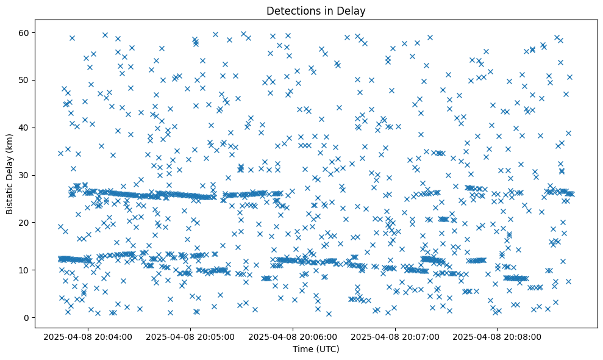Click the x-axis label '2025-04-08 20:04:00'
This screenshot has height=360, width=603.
pyautogui.click(x=88, y=336)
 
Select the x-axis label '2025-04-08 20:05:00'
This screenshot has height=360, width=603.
pyautogui.click(x=191, y=336)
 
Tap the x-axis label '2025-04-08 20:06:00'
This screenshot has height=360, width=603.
pyautogui.click(x=293, y=336)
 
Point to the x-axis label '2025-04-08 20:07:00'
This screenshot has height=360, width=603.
pyautogui.click(x=395, y=336)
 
